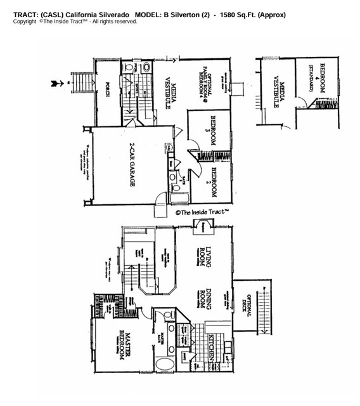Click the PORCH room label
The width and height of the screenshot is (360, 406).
pyautogui.click(x=108, y=91)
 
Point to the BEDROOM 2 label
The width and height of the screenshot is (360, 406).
pyautogui.click(x=214, y=181)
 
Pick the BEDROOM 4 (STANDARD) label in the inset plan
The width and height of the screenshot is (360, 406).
pyautogui.click(x=317, y=79)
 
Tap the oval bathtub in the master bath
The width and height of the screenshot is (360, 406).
pyautogui.click(x=167, y=367)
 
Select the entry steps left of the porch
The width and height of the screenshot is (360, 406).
pyautogui.click(x=82, y=82)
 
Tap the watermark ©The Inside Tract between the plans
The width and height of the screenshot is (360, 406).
pyautogui.click(x=202, y=213)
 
